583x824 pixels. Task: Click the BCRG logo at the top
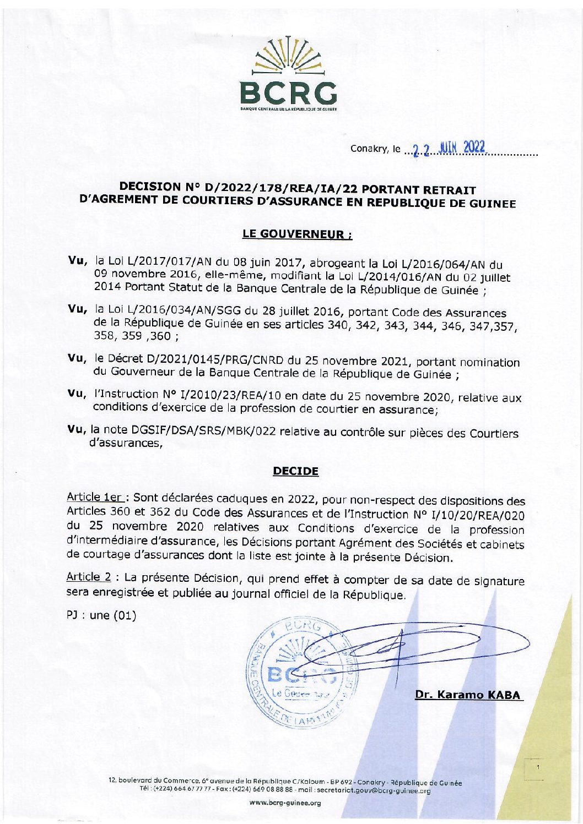tap(288, 74)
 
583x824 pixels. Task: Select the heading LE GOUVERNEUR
tap(297, 234)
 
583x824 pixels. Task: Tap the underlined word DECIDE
tap(296, 471)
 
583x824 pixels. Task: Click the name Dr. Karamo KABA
tap(468, 695)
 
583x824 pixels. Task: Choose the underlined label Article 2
tap(89, 577)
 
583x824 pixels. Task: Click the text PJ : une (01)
tap(101, 615)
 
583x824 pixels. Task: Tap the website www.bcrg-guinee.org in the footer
tap(285, 803)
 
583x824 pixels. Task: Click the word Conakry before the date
tap(369, 149)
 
